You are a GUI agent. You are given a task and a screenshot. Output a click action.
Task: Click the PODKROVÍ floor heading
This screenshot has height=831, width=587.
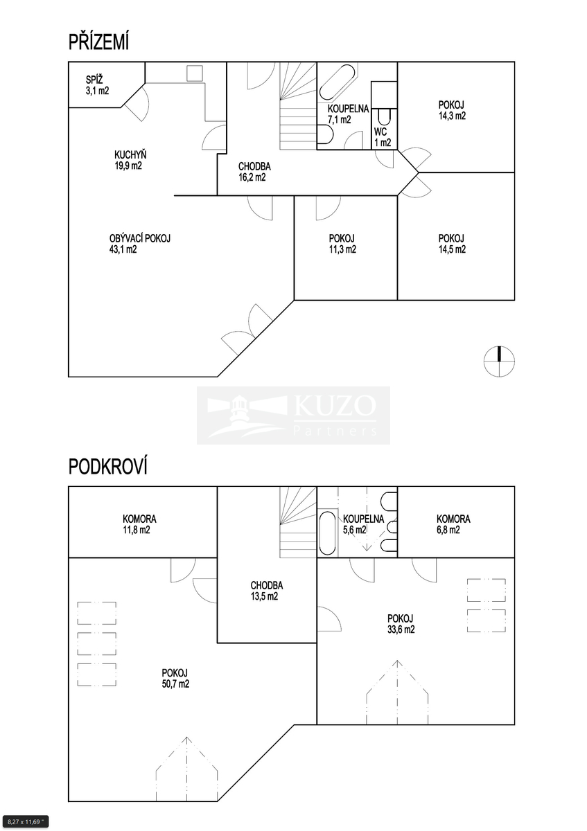pos(108,466)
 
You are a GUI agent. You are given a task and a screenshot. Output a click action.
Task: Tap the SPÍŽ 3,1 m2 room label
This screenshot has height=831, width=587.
pos(97,85)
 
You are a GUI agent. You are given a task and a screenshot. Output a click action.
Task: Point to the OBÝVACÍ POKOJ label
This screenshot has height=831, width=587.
pos(139,244)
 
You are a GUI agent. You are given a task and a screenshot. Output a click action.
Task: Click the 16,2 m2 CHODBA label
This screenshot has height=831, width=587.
pos(254,172)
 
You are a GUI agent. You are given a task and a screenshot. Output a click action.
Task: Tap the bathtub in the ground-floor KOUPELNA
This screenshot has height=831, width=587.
pos(337,83)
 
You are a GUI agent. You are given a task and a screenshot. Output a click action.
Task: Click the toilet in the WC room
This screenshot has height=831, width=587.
pos(384,117)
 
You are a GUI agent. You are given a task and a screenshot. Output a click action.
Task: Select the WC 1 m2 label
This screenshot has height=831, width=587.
pos(383,137)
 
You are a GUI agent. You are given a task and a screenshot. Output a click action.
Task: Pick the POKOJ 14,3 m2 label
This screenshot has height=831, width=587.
pos(452,110)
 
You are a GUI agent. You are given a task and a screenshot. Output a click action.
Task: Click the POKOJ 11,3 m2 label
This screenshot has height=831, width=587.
pos(342,244)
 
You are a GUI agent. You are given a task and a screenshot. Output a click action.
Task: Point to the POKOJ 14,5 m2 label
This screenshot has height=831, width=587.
pos(452,244)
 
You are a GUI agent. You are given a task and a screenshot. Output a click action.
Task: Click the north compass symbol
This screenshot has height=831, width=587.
pos(500,361)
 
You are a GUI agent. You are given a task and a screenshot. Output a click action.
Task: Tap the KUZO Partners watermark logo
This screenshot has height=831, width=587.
pos(293,415)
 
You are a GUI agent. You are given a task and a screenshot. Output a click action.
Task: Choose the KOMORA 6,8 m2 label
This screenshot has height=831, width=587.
pos(453,524)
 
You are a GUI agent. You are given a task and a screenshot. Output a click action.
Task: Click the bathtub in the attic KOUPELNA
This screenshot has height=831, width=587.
pos(328,533)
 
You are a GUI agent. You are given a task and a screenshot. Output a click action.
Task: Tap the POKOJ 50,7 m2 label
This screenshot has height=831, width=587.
pos(175,679)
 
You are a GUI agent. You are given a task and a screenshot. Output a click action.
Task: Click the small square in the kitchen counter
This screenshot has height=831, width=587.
pos(194,73)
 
